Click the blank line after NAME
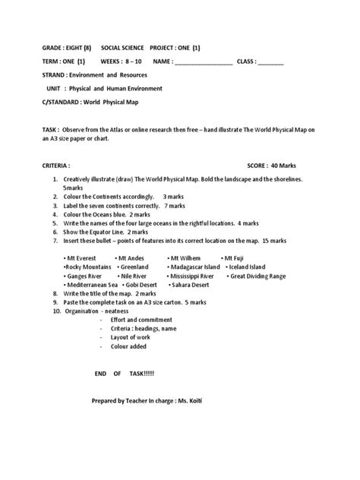(x=204, y=62)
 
